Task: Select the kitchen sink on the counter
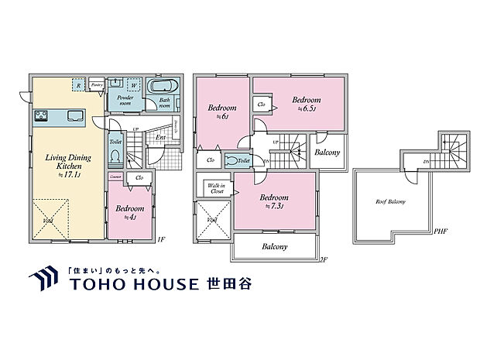[76, 116]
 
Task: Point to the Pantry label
[97, 84]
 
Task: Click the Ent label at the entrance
[161, 139]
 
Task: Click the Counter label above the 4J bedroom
[115, 177]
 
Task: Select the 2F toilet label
[244, 160]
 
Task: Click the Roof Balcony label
[391, 202]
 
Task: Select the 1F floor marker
[161, 239]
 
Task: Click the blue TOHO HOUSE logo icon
[41, 279]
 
